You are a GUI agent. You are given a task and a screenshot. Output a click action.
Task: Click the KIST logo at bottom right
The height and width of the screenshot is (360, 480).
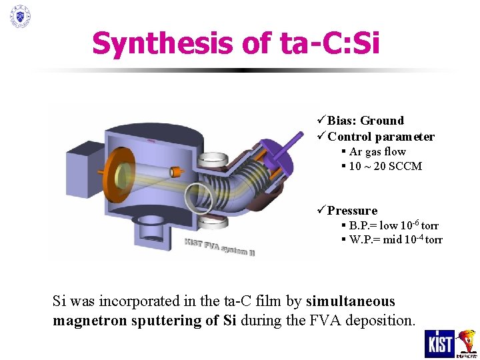[439, 343]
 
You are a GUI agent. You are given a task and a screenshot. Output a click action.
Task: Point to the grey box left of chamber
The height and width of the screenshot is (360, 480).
[84, 161]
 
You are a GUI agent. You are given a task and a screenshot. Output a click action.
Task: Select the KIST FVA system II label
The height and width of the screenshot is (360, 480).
[219, 247]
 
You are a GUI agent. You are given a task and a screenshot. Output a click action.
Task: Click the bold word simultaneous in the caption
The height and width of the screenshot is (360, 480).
[350, 301]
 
